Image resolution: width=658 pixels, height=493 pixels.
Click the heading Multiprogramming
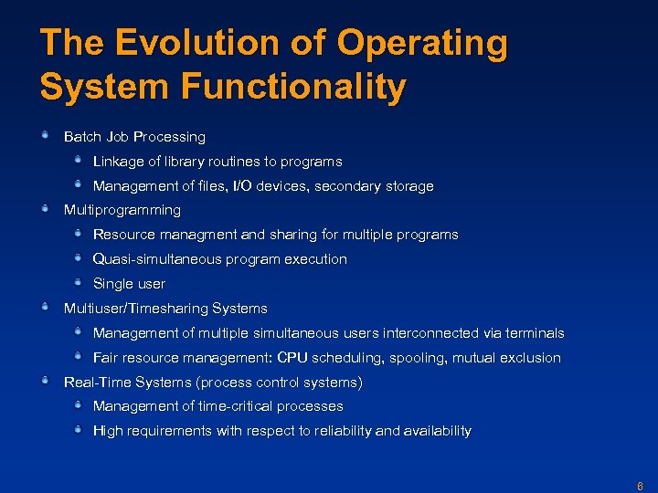(122, 210)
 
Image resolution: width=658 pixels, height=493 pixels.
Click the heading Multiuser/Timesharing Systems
(165, 309)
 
